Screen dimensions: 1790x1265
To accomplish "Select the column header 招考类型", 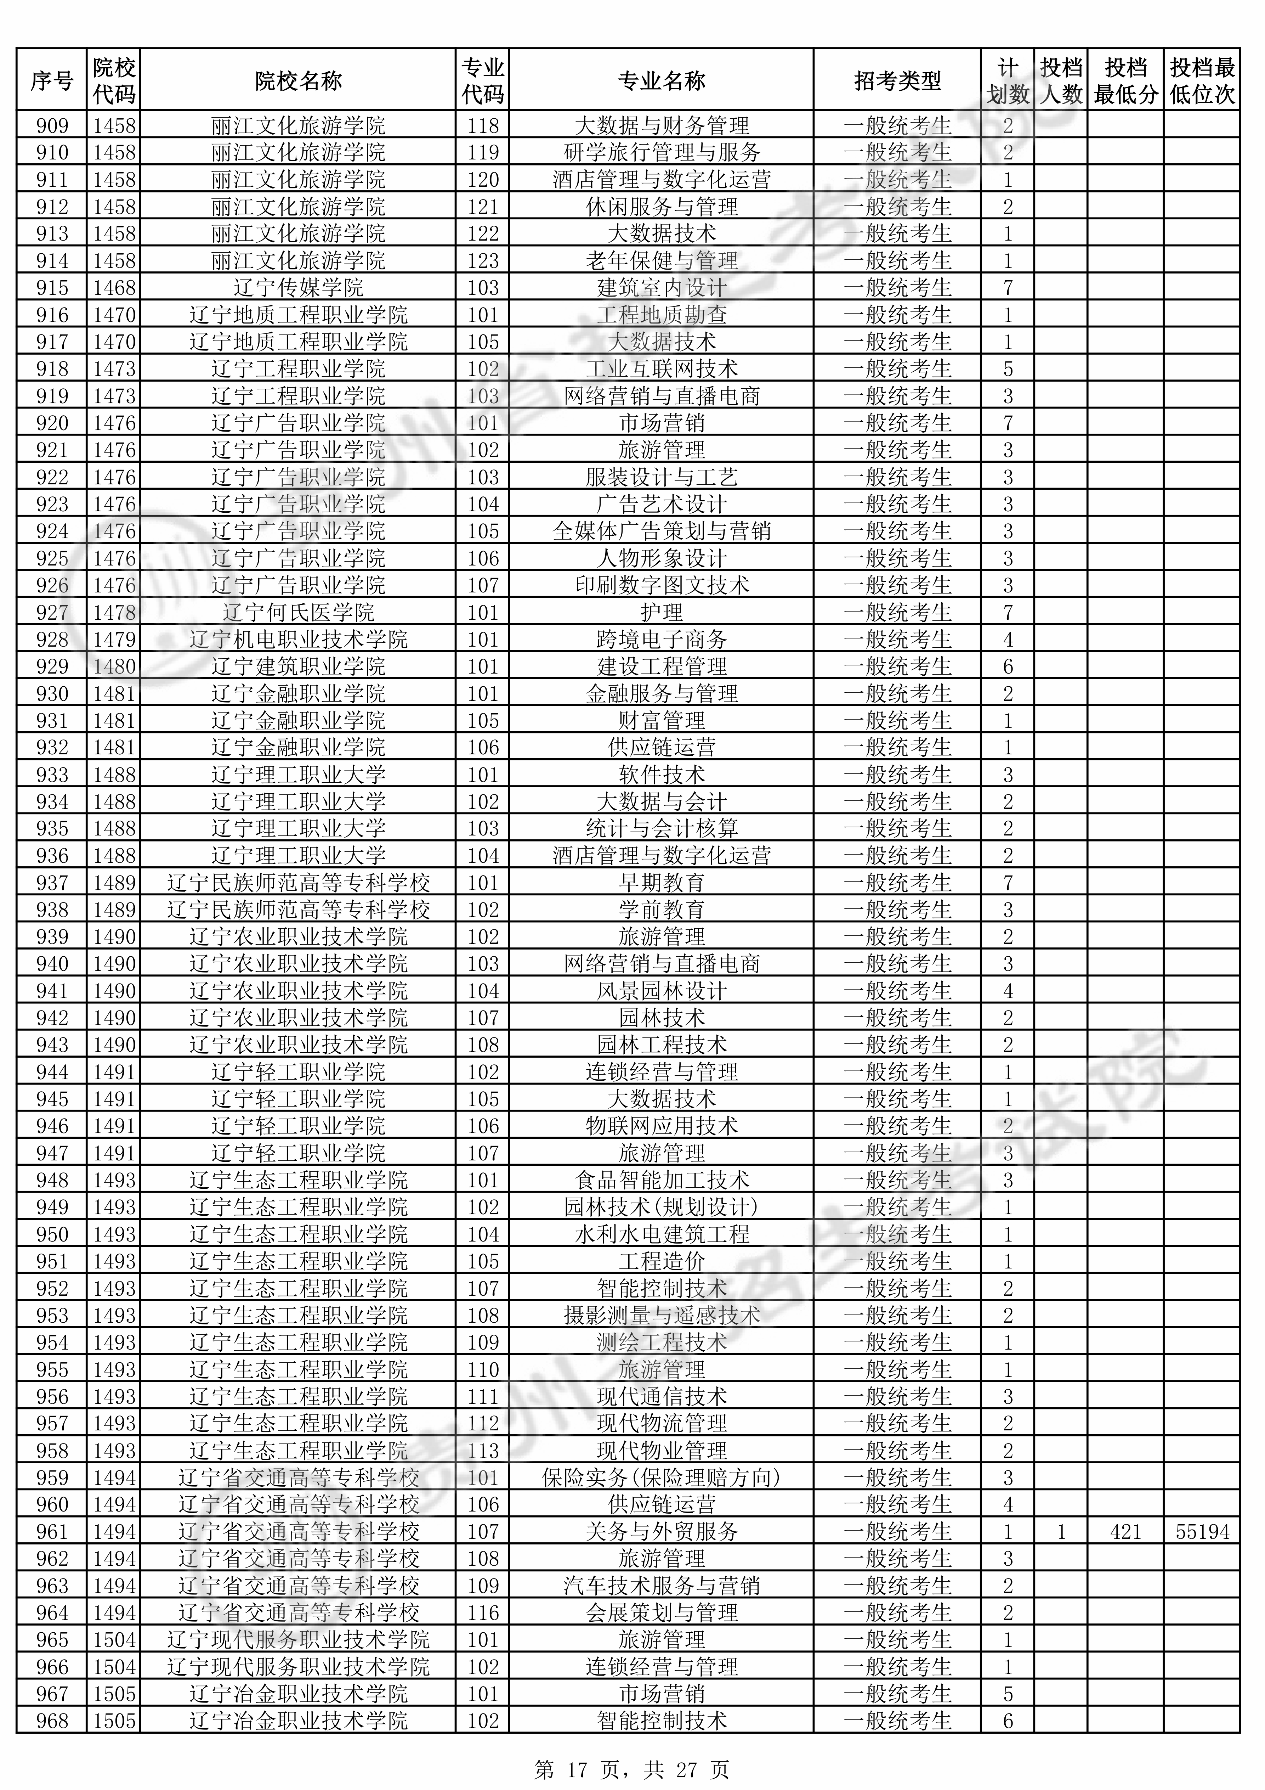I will coord(897,80).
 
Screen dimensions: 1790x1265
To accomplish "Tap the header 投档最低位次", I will coord(1202,80).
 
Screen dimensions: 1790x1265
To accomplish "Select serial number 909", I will coord(52,125).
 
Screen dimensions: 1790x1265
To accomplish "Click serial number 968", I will coord(52,1721).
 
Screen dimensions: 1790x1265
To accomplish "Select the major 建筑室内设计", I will coord(661,288).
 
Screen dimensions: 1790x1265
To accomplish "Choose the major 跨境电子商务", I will coord(661,639).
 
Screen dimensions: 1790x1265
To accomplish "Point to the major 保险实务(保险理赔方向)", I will coord(661,1477).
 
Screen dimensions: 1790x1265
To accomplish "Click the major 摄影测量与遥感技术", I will coord(661,1315).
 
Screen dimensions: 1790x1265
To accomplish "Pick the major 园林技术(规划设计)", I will coord(661,1207).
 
